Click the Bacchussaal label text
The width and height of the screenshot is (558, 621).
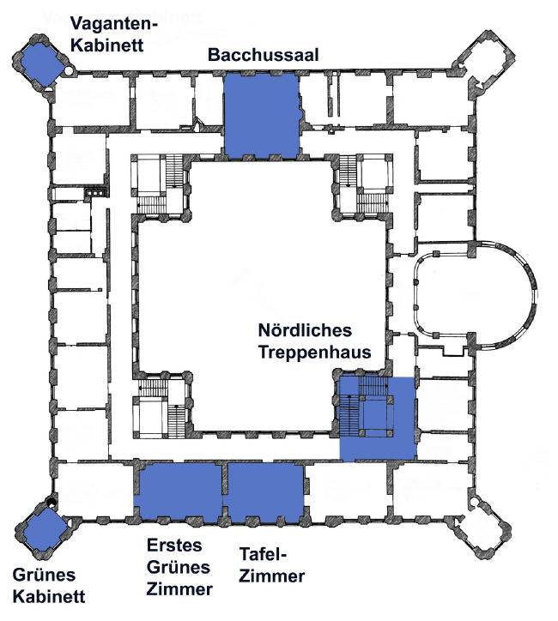tap(264, 55)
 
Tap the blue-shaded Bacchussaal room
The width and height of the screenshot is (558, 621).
tap(262, 116)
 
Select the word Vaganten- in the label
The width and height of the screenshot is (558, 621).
tap(114, 25)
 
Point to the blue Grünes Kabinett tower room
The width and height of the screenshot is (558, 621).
tap(46, 529)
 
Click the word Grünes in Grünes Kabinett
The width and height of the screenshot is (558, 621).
tap(44, 576)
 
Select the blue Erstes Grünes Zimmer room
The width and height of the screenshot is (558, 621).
tap(179, 492)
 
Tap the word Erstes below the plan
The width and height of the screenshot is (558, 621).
tap(174, 546)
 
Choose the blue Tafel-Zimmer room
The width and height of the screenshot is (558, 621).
tap(265, 492)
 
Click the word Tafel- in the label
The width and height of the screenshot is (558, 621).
tap(263, 554)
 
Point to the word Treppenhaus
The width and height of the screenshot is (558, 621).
tap(315, 352)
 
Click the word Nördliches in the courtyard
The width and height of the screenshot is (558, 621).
tap(305, 330)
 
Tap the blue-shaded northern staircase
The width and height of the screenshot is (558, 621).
tap(377, 418)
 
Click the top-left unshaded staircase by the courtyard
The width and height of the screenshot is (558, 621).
tap(160, 184)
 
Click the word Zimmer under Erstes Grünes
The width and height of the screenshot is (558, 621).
tap(179, 589)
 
